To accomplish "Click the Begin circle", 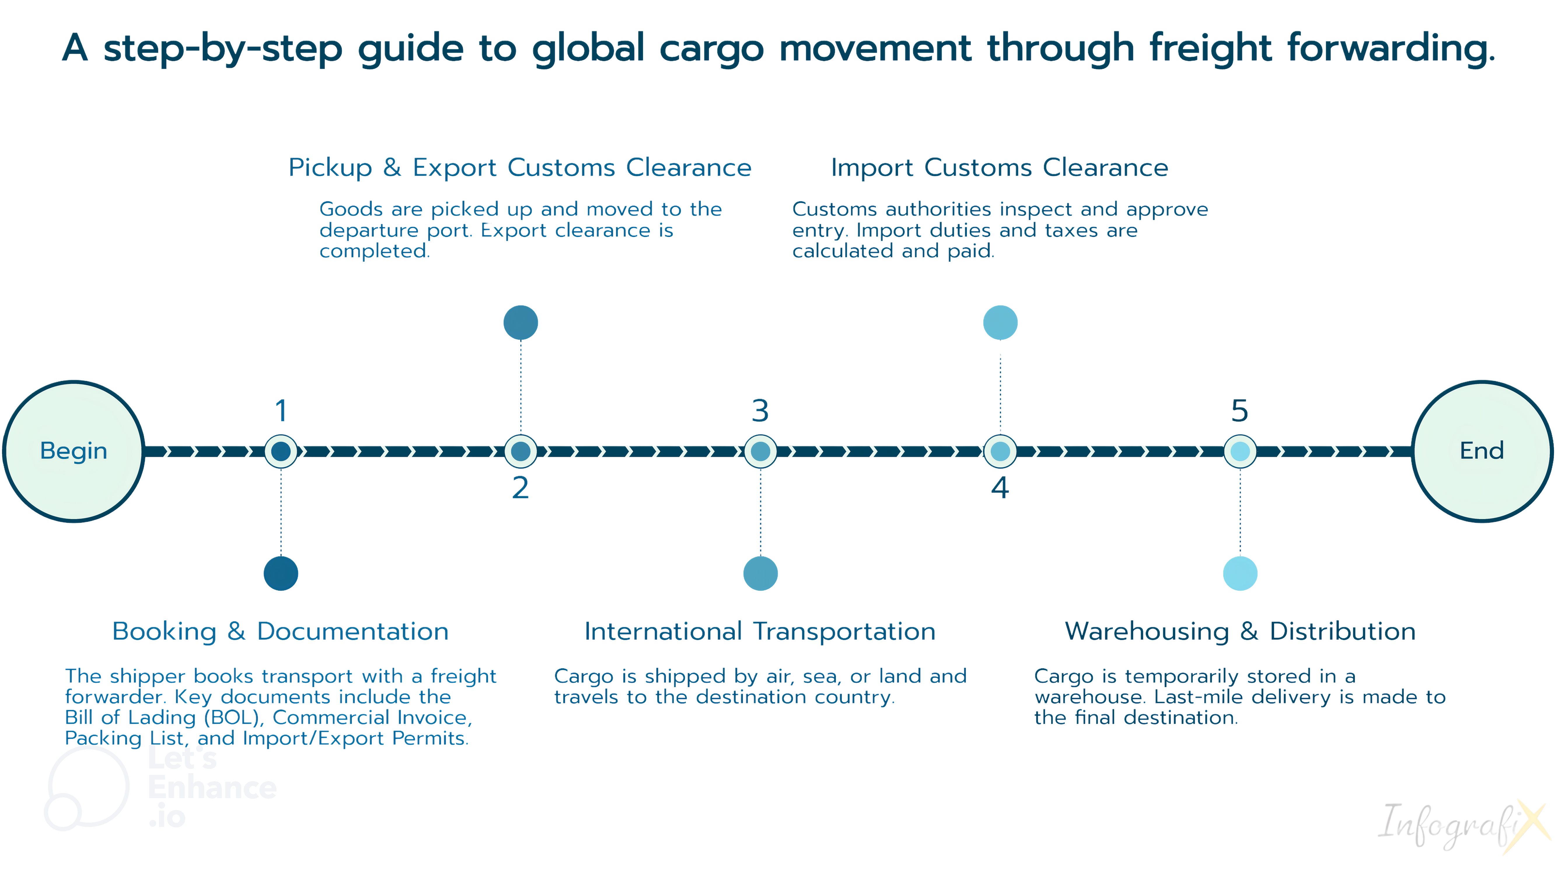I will (x=74, y=451).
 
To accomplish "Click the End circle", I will (x=1482, y=451).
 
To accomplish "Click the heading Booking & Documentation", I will (x=280, y=632).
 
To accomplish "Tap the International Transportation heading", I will (x=760, y=632).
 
